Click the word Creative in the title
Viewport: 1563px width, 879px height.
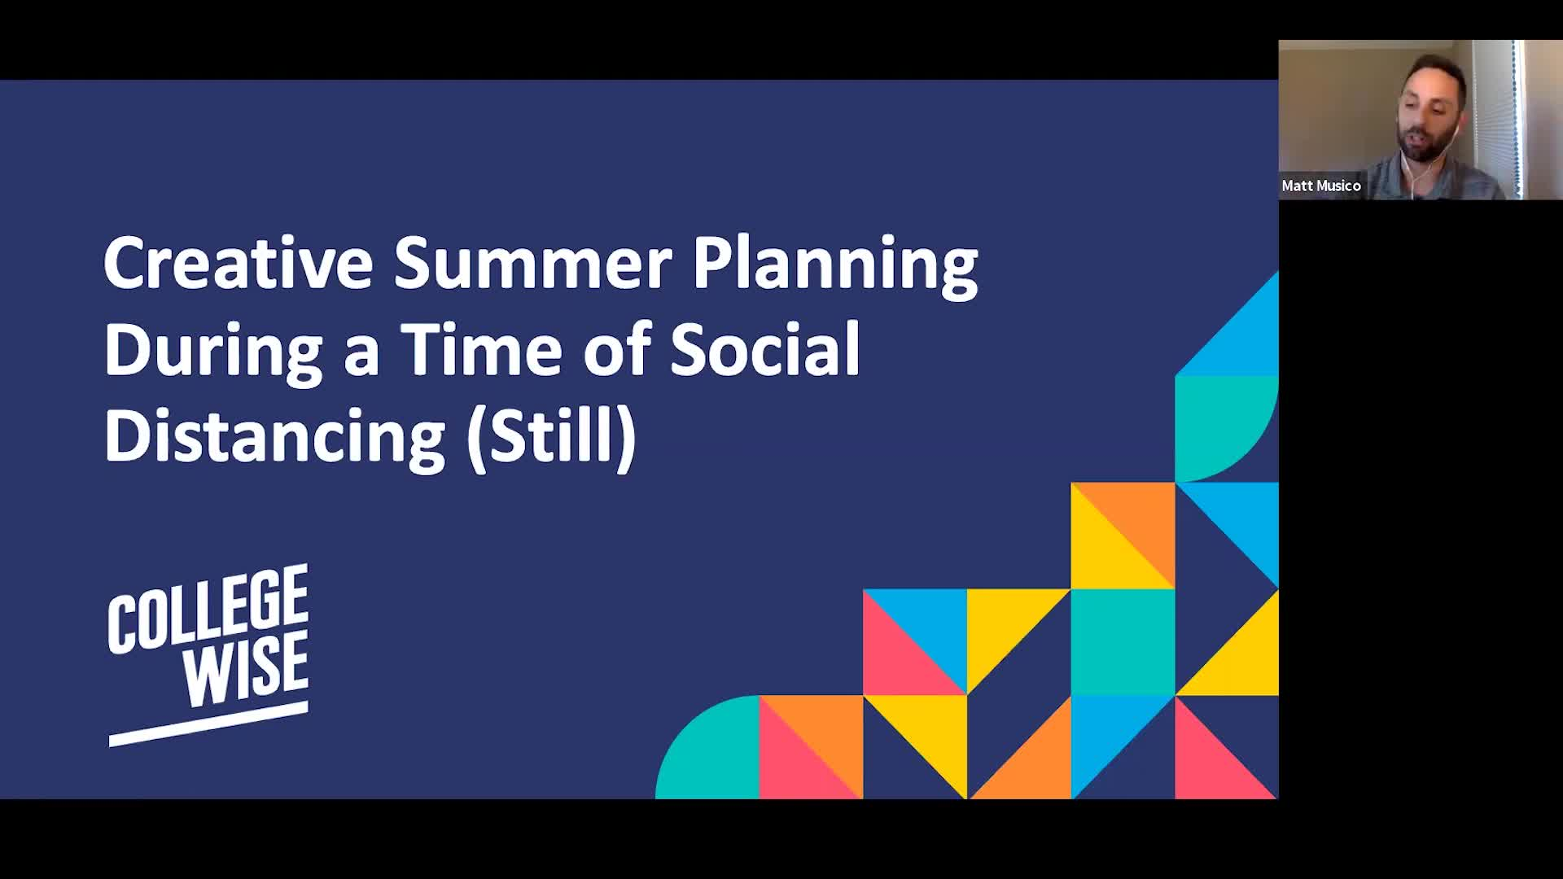tap(238, 264)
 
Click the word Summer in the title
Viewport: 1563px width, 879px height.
tap(533, 264)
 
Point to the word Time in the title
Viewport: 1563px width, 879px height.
tap(481, 350)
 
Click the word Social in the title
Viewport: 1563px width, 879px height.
tap(765, 350)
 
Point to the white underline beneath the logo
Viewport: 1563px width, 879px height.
tap(208, 724)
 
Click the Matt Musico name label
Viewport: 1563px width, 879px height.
tap(1320, 186)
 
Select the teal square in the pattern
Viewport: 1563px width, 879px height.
tap(1123, 641)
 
